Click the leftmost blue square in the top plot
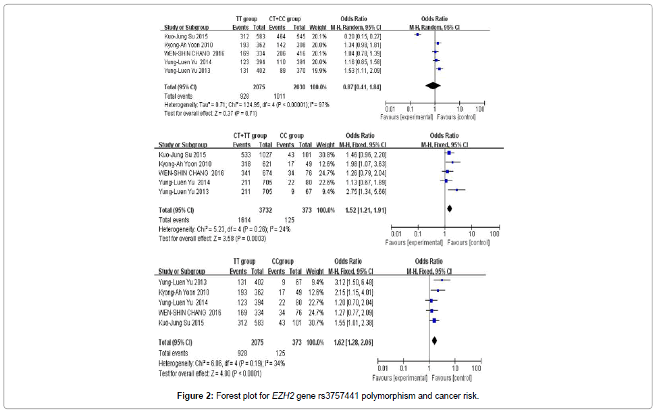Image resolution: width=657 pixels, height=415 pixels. pos(418,34)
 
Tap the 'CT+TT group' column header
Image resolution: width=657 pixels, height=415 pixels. pos(250,135)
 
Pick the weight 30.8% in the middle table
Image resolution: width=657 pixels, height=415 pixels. pos(325,154)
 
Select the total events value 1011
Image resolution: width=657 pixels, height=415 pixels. pos(280,96)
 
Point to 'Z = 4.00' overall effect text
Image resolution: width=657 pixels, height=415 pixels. pos(210,373)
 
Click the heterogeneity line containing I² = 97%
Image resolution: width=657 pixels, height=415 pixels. pos(246,105)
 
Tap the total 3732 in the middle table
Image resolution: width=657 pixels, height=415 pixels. pos(265,211)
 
